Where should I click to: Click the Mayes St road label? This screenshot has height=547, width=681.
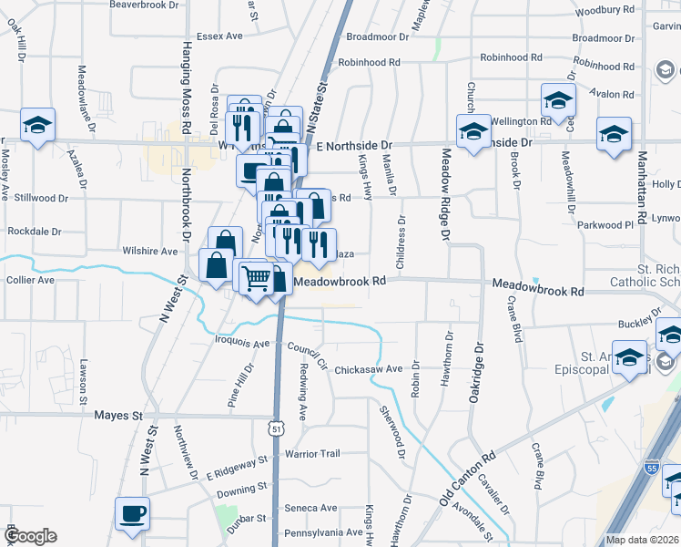click(119, 415)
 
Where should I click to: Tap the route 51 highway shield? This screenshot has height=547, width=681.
click(277, 427)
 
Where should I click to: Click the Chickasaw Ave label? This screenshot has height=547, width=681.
click(368, 369)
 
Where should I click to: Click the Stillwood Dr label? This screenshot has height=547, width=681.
click(37, 197)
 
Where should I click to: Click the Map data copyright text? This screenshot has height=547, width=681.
click(642, 540)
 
